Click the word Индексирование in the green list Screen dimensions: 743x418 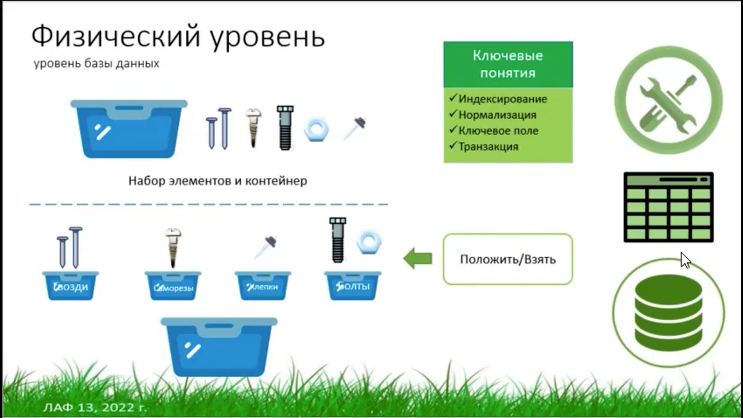coord(503,99)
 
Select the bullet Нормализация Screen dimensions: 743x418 coord(497,115)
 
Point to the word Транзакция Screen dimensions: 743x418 coord(488,147)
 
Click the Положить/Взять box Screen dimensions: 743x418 coord(508,259)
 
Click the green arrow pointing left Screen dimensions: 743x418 coord(418,259)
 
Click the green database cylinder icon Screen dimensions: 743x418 coord(668,313)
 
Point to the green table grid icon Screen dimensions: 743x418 coord(668,207)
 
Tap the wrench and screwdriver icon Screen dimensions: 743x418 coord(668,100)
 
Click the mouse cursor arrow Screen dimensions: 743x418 coord(685,260)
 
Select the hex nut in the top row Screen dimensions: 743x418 coord(317,130)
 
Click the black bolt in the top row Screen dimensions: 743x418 coord(285,128)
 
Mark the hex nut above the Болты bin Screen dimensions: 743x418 coord(369,243)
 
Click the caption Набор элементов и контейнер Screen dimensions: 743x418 coord(218,181)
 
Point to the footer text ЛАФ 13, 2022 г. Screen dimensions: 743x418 coord(95,407)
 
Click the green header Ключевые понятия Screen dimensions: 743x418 coord(508,64)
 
